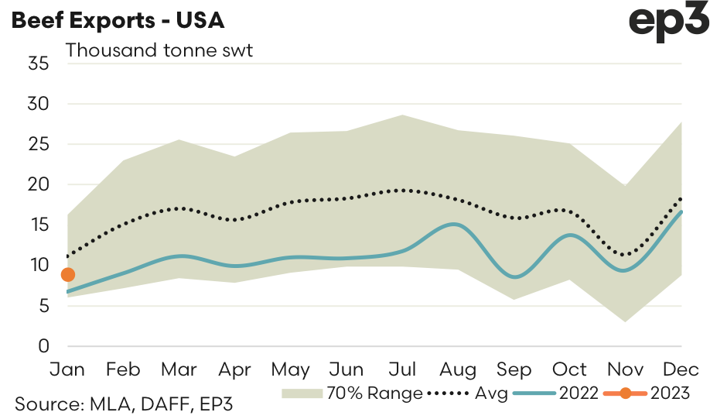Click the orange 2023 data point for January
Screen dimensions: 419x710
[67, 274]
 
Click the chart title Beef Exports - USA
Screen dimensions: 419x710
[117, 21]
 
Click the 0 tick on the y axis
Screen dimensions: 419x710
[43, 346]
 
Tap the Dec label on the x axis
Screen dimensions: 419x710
[679, 369]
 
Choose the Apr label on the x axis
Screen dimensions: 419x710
[235, 369]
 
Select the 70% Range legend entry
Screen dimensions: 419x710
[353, 393]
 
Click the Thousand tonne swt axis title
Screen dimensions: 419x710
[160, 50]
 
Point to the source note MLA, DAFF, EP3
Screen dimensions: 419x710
[124, 404]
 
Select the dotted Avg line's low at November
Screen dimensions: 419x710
[626, 255]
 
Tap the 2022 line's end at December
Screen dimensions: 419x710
[681, 211]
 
